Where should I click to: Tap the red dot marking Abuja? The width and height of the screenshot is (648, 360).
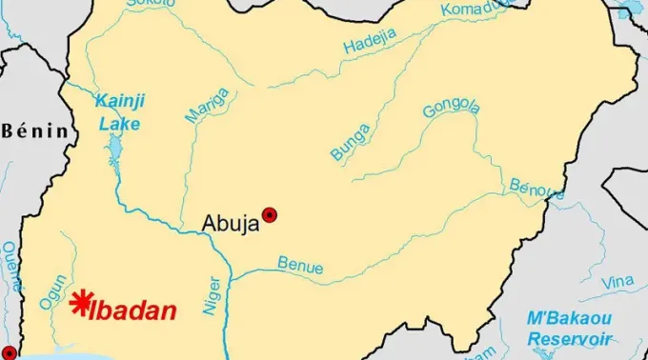pos(270,215)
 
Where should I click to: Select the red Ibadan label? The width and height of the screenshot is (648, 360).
pos(133,310)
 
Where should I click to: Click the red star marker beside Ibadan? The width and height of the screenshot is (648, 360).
pos(82,302)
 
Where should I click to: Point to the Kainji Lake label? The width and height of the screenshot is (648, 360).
pos(118,112)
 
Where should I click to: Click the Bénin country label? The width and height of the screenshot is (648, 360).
pos(36,130)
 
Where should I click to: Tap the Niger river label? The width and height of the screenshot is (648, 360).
pos(213,296)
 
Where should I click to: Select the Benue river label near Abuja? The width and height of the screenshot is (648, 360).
pos(300,265)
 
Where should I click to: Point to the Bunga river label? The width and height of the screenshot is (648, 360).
pos(350,139)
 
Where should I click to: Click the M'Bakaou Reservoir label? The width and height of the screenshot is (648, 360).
pos(571,328)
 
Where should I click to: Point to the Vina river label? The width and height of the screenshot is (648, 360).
pos(618,282)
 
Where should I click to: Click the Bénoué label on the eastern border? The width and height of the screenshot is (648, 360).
pos(530,190)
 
